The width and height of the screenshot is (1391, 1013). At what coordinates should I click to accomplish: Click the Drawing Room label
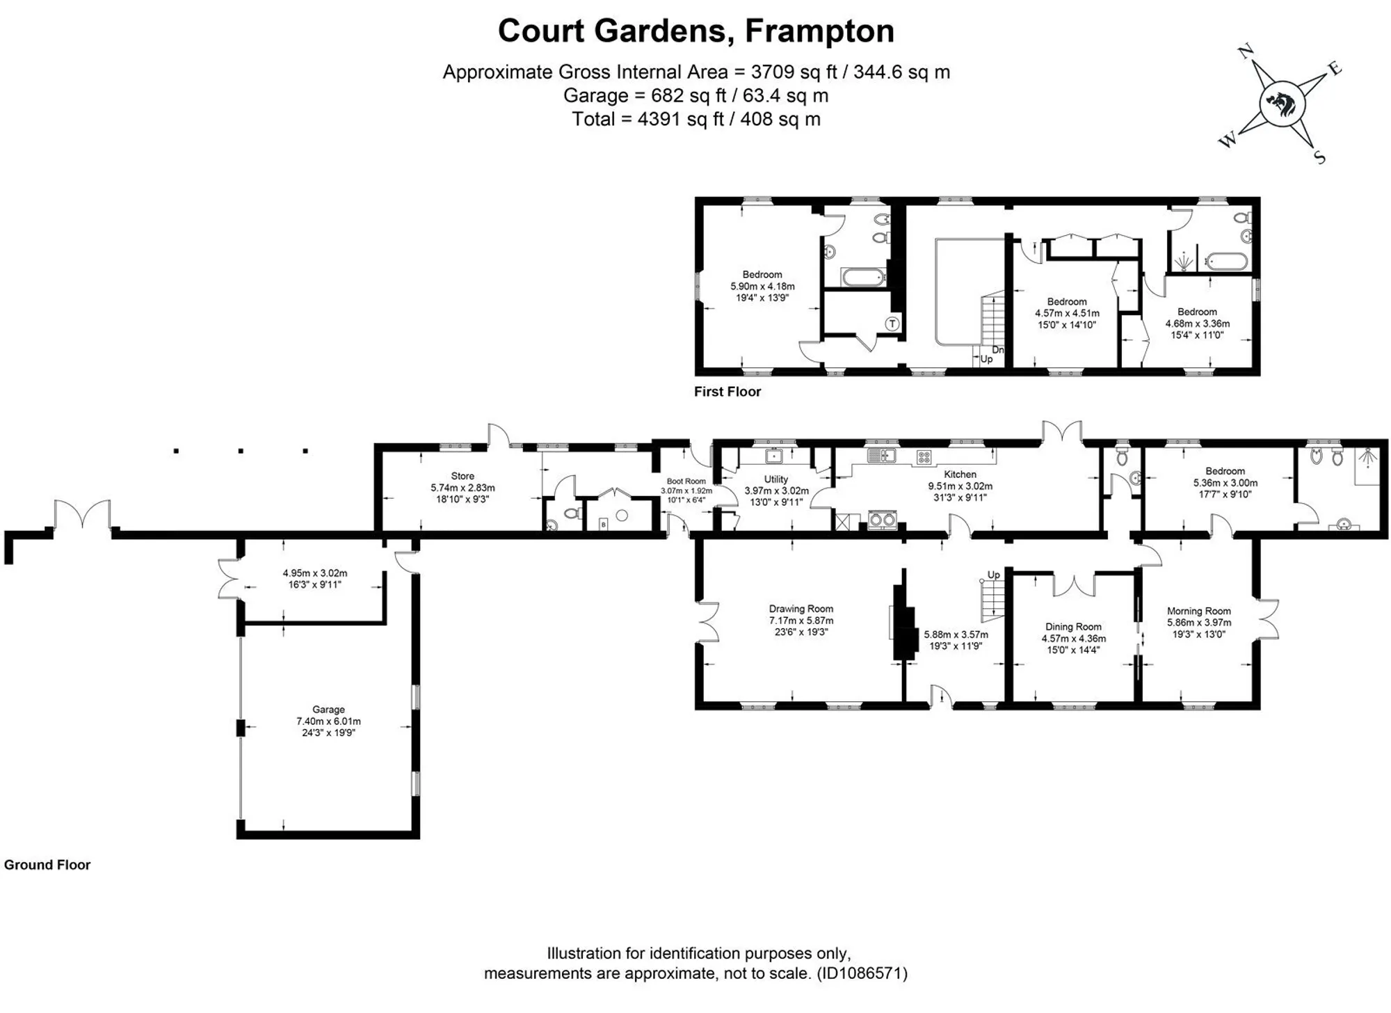click(801, 609)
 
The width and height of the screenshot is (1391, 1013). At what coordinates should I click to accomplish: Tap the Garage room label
click(328, 710)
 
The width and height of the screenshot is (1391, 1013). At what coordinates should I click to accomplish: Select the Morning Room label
click(1199, 612)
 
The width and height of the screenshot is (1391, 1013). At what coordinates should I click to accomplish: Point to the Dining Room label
click(1073, 627)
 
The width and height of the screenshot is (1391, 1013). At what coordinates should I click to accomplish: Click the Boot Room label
click(686, 481)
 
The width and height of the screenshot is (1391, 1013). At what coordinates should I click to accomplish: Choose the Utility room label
click(776, 479)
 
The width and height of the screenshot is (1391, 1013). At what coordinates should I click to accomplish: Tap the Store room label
click(463, 477)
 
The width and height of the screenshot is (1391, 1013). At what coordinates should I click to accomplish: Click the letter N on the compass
click(1246, 52)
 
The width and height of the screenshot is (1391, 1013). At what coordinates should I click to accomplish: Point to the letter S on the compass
click(1319, 157)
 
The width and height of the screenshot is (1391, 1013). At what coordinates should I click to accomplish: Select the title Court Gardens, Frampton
click(695, 31)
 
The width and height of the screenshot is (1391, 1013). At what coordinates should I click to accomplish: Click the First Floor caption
click(727, 392)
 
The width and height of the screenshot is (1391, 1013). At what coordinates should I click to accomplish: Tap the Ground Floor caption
click(47, 865)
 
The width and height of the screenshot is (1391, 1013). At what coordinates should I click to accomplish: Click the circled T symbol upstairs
click(892, 324)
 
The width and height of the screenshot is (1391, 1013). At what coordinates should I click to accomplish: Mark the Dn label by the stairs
click(998, 350)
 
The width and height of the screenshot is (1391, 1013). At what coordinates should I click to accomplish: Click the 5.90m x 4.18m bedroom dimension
click(762, 286)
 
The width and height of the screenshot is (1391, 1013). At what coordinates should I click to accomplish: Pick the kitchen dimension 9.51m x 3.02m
click(960, 486)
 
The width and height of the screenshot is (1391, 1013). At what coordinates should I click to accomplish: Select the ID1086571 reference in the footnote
click(862, 973)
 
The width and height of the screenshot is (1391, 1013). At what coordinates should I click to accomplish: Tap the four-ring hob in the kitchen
click(924, 457)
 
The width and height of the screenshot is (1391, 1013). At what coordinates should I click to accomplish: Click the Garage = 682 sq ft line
click(695, 95)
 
